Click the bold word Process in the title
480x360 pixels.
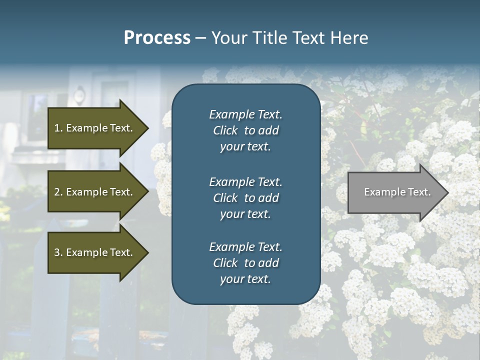pyautogui.click(x=157, y=38)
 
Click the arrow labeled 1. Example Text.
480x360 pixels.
pyautogui.click(x=95, y=128)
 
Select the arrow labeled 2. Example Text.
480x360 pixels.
pyautogui.click(x=95, y=192)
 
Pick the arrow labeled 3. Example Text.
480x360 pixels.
pyautogui.click(x=95, y=252)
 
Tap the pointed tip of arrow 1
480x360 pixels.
pyautogui.click(x=147, y=128)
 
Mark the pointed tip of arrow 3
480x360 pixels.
pyautogui.click(x=147, y=252)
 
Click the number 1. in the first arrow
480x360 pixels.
pyautogui.click(x=58, y=128)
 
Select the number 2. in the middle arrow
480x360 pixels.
pyautogui.click(x=58, y=192)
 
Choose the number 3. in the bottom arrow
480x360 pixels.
pyautogui.click(x=58, y=252)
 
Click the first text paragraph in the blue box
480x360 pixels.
pyautogui.click(x=245, y=130)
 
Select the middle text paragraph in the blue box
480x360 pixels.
pyautogui.click(x=245, y=198)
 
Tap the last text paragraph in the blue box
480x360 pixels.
pyautogui.click(x=245, y=263)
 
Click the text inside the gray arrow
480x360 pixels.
pyautogui.click(x=397, y=192)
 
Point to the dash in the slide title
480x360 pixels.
pyautogui.click(x=200, y=38)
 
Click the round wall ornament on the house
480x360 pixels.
pyautogui.click(x=79, y=94)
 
